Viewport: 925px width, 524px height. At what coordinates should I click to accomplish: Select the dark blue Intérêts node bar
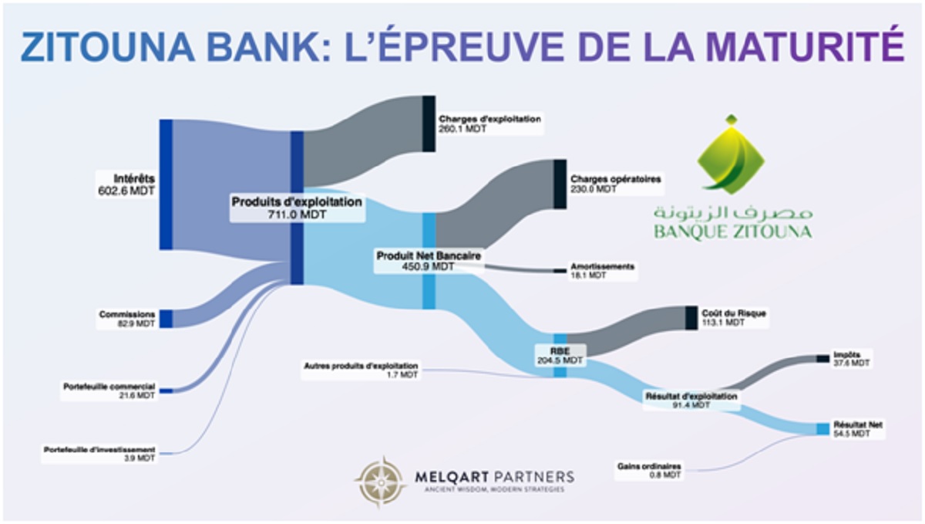coord(166,184)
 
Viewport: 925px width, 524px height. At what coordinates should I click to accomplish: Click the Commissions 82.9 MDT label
coord(127,319)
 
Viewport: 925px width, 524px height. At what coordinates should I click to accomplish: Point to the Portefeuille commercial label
coord(109,390)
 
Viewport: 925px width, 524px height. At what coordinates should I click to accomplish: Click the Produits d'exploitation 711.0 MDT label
coord(298,208)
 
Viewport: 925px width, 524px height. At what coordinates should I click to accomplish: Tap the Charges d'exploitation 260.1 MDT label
coord(489,123)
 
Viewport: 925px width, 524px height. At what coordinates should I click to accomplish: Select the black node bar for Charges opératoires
coord(560,184)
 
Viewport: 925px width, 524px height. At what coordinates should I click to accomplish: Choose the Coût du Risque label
coord(724,318)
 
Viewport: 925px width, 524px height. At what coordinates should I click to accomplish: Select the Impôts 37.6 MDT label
coord(851,359)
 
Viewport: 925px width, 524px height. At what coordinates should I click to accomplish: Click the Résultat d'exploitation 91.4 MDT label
coord(690,400)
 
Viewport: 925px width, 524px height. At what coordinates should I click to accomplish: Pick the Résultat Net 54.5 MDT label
coord(858,429)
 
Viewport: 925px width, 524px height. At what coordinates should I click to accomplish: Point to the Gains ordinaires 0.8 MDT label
coord(649,470)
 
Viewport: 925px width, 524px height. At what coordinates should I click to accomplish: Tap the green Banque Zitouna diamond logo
coord(731,154)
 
